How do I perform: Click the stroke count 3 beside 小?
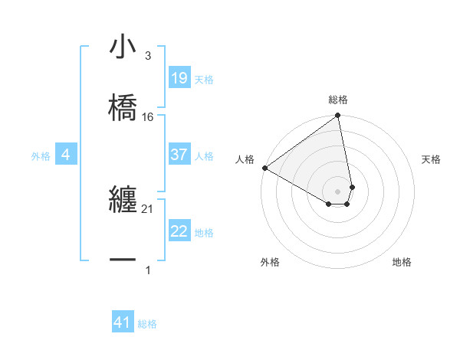148,56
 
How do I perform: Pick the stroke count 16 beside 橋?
148,117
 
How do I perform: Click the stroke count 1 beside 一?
148,270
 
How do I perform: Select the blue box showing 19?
179,78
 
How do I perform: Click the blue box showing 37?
179,155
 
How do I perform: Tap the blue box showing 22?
179,231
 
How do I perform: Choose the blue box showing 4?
66,155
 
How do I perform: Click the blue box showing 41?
123,322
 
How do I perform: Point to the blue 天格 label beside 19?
204,80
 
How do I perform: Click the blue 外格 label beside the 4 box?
41,156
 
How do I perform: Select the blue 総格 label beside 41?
147,324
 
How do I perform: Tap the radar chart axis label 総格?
338,100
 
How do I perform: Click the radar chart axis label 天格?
431,159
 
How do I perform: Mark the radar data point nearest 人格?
264,168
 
